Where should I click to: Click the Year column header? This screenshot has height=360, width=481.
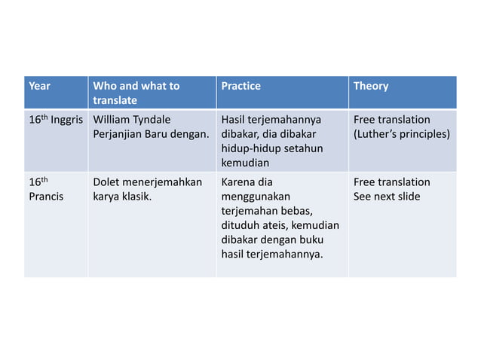(x=39, y=86)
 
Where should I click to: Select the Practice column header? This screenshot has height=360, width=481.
(x=240, y=86)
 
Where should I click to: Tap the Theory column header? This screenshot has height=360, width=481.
(x=371, y=86)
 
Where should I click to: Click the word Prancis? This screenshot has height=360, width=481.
(x=46, y=197)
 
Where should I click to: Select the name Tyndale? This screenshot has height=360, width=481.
(x=151, y=120)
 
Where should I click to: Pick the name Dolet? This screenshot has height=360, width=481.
(x=108, y=182)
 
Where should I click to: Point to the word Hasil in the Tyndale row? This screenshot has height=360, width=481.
(x=234, y=120)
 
